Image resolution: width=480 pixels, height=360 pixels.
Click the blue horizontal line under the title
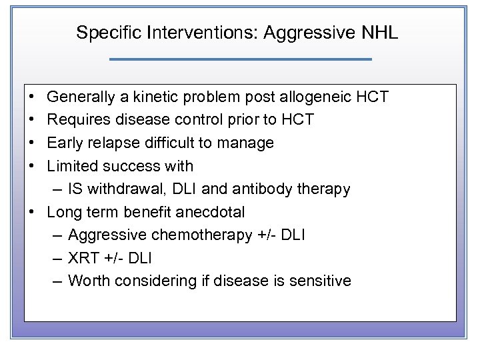pyautogui.click(x=240, y=59)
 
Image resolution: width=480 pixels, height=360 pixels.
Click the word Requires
pyautogui.click(x=76, y=120)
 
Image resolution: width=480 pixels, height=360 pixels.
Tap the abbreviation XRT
pyautogui.click(x=83, y=258)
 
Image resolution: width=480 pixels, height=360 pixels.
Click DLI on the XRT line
pyautogui.click(x=139, y=258)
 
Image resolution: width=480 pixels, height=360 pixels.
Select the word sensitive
pyautogui.click(x=319, y=281)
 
